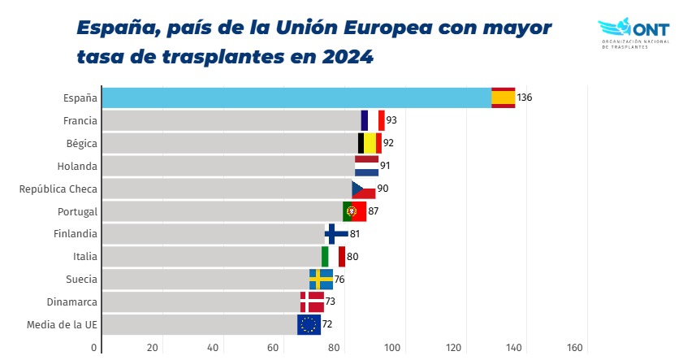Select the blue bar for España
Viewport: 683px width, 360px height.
point(296,98)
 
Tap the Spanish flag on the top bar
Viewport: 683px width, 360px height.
point(503,98)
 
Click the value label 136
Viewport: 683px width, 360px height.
point(524,98)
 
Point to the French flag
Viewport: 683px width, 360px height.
point(372,120)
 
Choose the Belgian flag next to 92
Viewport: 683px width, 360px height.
point(370,143)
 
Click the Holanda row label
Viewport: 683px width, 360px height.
point(80,166)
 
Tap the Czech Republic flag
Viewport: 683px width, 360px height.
point(363,189)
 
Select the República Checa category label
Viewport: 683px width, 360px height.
point(58,189)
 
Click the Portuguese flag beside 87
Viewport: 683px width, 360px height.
point(354,211)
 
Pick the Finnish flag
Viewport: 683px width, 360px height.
point(336,234)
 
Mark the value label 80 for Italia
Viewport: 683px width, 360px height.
point(352,257)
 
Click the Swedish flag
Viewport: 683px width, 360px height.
point(321,280)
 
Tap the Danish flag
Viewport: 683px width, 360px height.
point(311,302)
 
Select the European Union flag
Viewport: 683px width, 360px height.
point(309,325)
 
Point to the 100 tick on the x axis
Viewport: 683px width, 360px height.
point(394,348)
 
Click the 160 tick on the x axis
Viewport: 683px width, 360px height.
point(575,348)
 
